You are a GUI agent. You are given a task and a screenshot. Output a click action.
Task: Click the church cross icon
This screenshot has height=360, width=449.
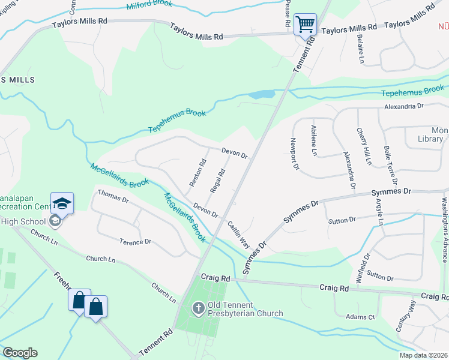tap(199, 308)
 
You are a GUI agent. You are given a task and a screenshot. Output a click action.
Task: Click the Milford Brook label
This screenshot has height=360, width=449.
tap(149, 5)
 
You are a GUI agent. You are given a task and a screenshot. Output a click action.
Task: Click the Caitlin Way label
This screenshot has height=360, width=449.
tap(239, 235)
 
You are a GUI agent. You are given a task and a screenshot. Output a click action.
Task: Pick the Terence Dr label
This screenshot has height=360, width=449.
tap(135, 242)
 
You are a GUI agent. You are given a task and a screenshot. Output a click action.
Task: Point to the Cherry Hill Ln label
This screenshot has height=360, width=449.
tap(364, 146)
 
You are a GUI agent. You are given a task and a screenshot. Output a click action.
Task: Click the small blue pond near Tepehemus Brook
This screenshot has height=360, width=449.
tap(261, 95)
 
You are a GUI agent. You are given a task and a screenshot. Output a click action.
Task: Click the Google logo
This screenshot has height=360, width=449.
tap(20, 353)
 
